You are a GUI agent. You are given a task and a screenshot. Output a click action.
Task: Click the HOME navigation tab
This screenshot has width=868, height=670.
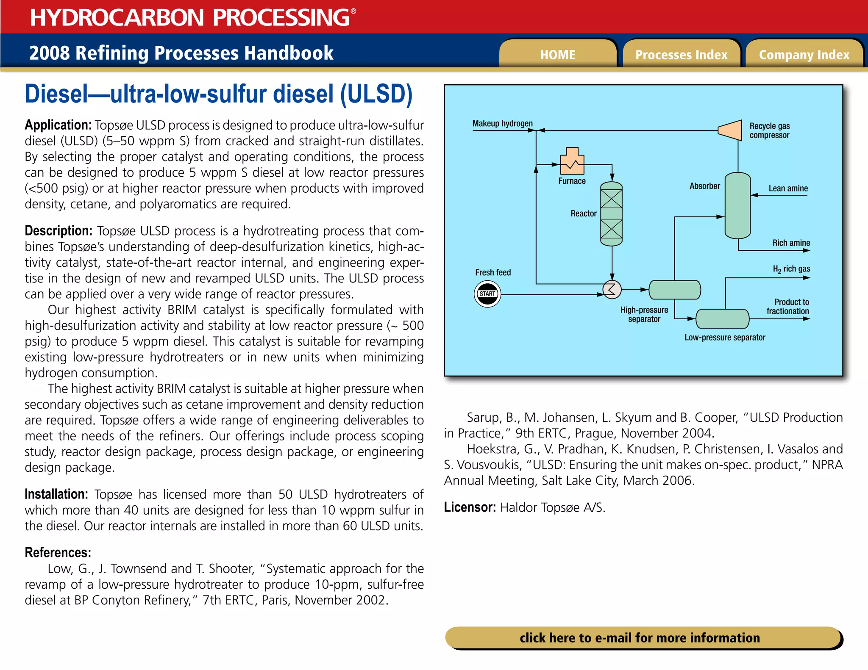pyautogui.click(x=558, y=54)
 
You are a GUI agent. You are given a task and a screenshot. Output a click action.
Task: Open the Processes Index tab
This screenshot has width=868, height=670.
pyautogui.click(x=681, y=54)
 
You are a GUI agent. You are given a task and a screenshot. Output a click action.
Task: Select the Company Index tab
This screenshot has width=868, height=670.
pyautogui.click(x=804, y=54)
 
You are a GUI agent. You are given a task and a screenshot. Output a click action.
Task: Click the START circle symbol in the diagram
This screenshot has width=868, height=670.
pyautogui.click(x=487, y=294)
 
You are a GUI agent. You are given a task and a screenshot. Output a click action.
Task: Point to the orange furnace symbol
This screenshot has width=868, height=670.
pyautogui.click(x=572, y=161)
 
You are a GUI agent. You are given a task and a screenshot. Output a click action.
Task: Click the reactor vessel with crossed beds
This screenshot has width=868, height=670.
pyautogui.click(x=611, y=214)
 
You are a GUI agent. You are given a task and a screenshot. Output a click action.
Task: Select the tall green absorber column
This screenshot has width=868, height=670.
pyautogui.click(x=737, y=205)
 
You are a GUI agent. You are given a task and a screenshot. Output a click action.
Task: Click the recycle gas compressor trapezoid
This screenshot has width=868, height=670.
pyautogui.click(x=730, y=130)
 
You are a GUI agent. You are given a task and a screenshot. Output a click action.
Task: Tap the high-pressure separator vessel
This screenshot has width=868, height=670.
pyautogui.click(x=674, y=290)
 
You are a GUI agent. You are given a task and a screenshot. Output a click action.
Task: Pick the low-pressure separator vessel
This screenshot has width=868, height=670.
pyautogui.click(x=722, y=319)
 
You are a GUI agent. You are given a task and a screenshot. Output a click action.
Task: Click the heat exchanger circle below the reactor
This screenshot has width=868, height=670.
pyautogui.click(x=612, y=290)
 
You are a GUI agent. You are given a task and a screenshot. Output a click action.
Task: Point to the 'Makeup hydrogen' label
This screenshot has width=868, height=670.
pyautogui.click(x=502, y=123)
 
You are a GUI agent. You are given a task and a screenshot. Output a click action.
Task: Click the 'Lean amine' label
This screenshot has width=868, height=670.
pyautogui.click(x=788, y=188)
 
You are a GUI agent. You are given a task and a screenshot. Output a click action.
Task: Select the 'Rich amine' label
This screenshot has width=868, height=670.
pyautogui.click(x=791, y=243)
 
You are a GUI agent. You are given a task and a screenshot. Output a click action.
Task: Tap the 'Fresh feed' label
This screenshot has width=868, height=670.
pyautogui.click(x=493, y=272)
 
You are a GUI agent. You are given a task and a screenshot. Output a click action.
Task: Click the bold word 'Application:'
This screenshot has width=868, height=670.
pyautogui.click(x=58, y=125)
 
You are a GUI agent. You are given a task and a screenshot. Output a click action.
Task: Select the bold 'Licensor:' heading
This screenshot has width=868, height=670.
pyautogui.click(x=470, y=507)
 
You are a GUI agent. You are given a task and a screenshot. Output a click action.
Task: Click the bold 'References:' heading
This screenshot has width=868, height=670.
pyautogui.click(x=58, y=553)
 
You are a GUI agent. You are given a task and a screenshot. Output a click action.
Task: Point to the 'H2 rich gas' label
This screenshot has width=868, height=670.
pyautogui.click(x=791, y=269)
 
